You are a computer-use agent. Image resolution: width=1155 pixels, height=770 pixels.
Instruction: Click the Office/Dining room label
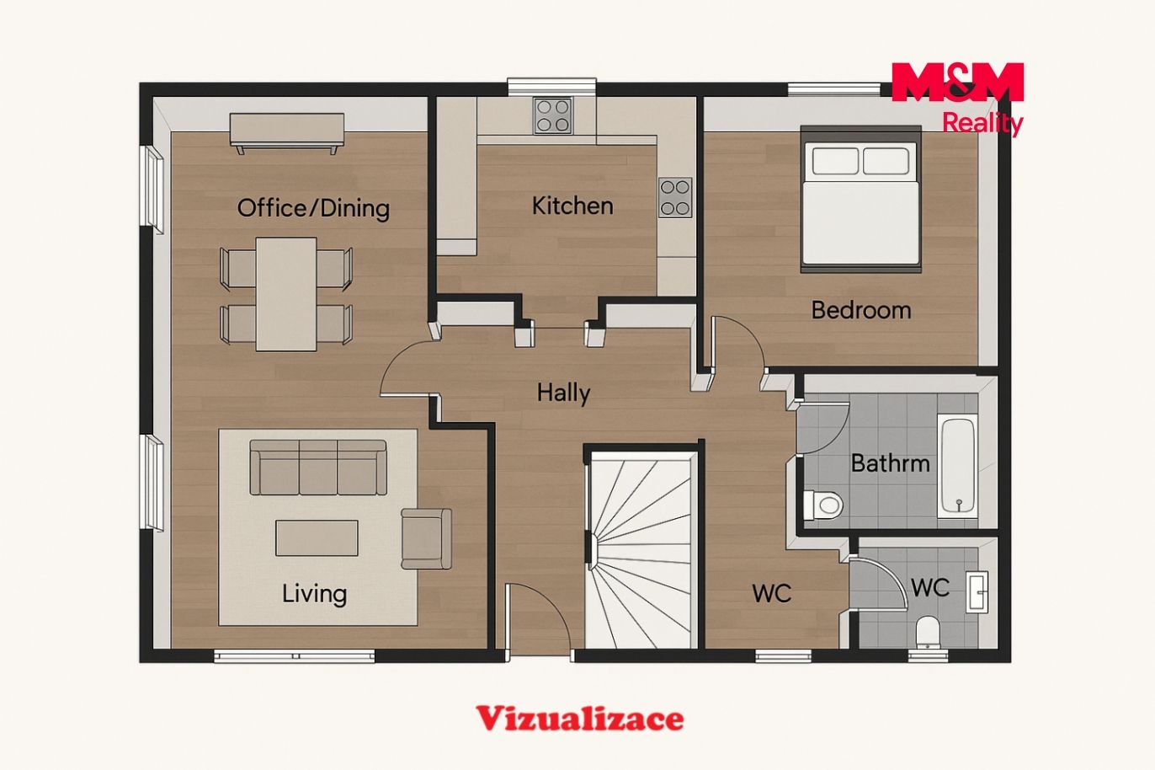[x=313, y=208]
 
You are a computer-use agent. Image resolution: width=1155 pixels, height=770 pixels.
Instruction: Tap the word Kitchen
[x=572, y=206]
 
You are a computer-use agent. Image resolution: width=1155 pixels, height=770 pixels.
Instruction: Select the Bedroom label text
[x=861, y=310]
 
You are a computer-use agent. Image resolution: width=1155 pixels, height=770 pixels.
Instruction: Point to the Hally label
[x=563, y=393]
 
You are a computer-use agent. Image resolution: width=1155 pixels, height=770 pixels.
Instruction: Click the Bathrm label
[x=891, y=463]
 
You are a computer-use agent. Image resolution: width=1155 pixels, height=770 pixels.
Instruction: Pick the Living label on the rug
[x=314, y=594]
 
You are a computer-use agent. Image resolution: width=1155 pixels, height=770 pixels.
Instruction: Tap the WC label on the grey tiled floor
[x=930, y=588]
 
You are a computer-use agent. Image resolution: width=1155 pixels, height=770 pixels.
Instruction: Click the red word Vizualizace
[x=579, y=718]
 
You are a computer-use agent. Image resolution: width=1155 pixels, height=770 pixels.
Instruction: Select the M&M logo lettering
[x=957, y=82]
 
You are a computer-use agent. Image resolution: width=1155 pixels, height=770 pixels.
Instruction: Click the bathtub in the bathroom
[x=958, y=467]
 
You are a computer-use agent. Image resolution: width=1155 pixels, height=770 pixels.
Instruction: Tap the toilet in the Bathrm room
[x=823, y=505]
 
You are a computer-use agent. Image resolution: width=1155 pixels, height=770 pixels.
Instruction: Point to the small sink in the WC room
[x=977, y=592]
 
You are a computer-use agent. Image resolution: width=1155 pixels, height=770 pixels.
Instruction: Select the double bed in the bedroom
[x=861, y=199]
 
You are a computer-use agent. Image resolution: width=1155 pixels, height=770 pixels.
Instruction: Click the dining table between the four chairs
[x=286, y=294]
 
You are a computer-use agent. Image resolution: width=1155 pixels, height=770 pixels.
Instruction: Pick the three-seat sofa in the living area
[x=318, y=468]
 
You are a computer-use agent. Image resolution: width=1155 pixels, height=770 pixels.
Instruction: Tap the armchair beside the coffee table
[x=427, y=539]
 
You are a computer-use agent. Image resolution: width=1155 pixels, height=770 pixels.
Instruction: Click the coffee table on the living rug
[x=317, y=537]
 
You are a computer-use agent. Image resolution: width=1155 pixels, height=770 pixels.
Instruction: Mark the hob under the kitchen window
[x=553, y=115]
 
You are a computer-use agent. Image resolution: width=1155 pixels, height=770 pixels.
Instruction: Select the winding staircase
[x=642, y=550]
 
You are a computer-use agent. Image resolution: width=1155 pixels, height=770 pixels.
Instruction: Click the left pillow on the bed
[x=835, y=161]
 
